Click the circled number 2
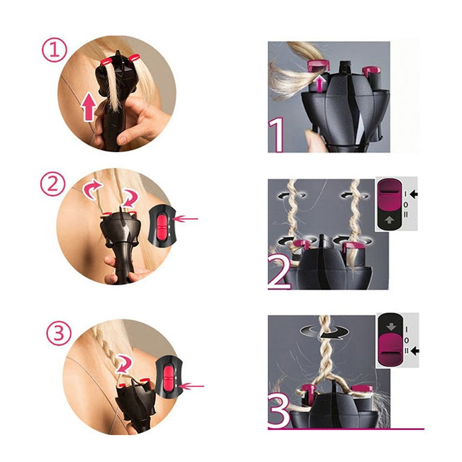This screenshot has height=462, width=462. pyautogui.click(x=54, y=184)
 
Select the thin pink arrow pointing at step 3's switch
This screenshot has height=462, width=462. pyautogui.click(x=193, y=386)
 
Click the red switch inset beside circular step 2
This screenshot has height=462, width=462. pyautogui.click(x=162, y=225)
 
